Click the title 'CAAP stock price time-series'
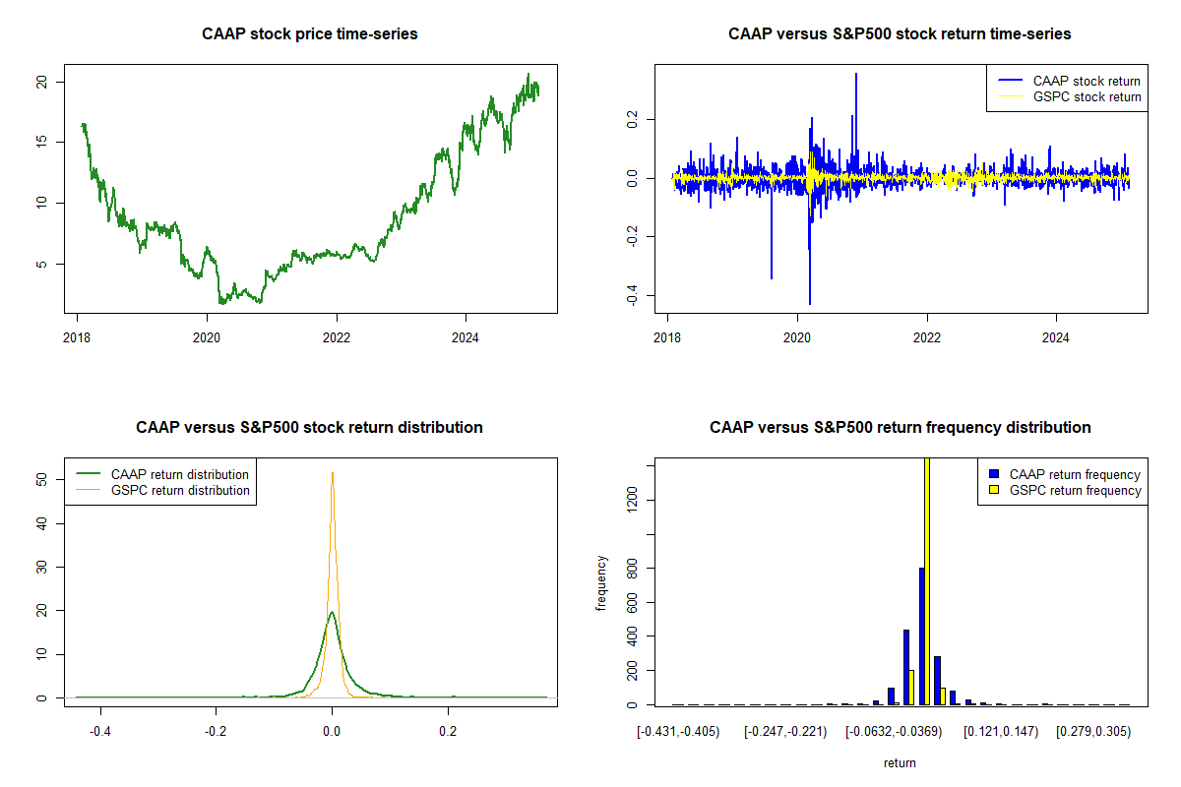(310, 34)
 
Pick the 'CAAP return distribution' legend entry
(180, 474)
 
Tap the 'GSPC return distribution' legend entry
(180, 490)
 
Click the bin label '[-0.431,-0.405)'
(678, 732)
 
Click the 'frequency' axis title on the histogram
(601, 583)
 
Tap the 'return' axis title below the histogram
(900, 762)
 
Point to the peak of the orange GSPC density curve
(333, 473)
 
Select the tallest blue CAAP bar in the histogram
(921, 636)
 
